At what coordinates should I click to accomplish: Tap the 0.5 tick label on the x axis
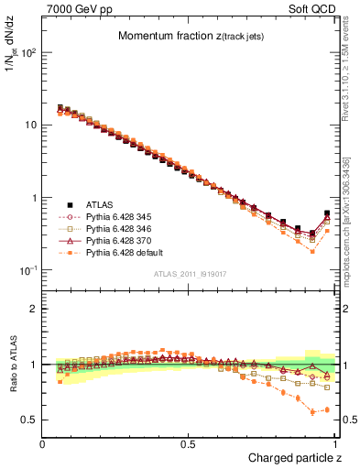[189, 442]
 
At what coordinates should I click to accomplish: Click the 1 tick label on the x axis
[334, 442]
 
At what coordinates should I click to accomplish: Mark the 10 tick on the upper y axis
[30, 125]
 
